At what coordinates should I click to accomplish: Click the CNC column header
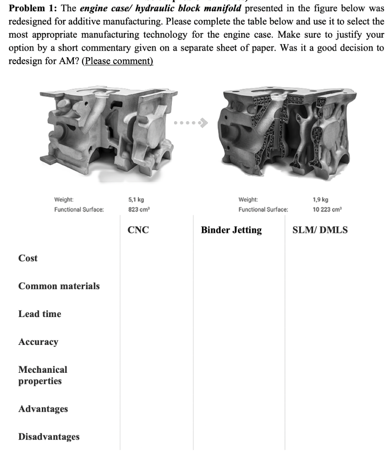138,230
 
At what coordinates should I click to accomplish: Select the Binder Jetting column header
231,230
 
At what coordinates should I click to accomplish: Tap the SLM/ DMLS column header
320,230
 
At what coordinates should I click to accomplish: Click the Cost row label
28,258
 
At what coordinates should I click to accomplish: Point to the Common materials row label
59,286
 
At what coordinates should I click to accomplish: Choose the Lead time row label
39,314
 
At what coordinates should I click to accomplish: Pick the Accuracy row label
38,342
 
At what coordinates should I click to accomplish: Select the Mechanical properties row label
43,375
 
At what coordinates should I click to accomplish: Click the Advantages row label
43,409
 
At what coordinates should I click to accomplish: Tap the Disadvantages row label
49,437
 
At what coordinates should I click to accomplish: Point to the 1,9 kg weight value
320,199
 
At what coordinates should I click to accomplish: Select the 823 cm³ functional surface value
138,210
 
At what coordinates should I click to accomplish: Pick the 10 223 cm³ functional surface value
328,210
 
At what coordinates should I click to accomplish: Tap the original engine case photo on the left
102,128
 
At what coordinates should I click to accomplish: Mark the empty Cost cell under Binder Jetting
239,258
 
